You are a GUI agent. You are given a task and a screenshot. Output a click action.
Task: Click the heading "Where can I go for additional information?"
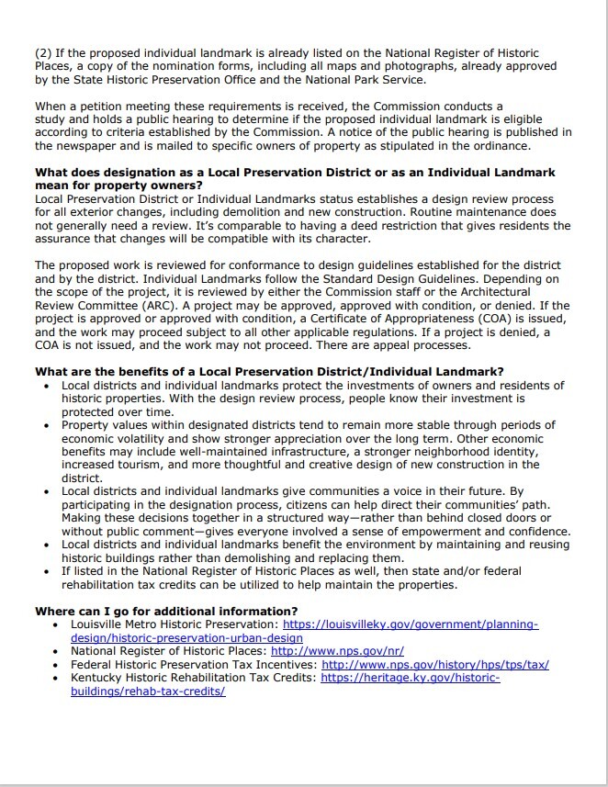click(x=165, y=611)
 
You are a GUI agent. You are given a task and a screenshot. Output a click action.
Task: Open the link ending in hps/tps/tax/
click(x=435, y=664)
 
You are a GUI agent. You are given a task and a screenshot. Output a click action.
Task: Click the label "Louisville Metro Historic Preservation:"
click(x=175, y=624)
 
